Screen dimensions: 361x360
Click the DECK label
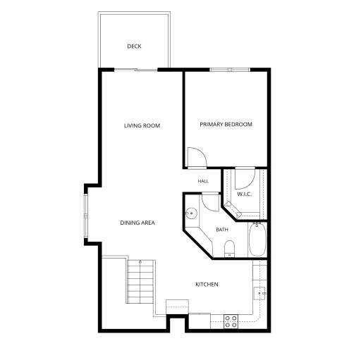[x=134, y=46]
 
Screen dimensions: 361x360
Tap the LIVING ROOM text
[x=142, y=125]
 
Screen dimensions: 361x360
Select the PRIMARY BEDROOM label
[x=226, y=124]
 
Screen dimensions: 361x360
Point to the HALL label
[x=203, y=181]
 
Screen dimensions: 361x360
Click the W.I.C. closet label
[x=245, y=194]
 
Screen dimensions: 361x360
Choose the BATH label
[x=222, y=230]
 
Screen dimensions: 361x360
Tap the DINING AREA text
[x=137, y=223]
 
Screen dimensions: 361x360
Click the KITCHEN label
[x=207, y=285]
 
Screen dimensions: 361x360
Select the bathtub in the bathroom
[x=257, y=240]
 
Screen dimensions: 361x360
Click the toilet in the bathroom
[x=229, y=249]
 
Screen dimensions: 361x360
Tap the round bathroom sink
[x=191, y=213]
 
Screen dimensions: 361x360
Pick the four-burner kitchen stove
[x=231, y=321]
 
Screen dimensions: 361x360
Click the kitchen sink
[x=259, y=293]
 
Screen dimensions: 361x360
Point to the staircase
[x=140, y=281]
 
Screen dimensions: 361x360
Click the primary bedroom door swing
[x=197, y=158]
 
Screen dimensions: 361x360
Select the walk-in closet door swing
[x=245, y=179]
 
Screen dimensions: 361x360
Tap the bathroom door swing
[x=210, y=201]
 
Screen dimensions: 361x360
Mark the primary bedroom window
[x=230, y=70]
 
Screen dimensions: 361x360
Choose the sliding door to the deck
[x=135, y=70]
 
